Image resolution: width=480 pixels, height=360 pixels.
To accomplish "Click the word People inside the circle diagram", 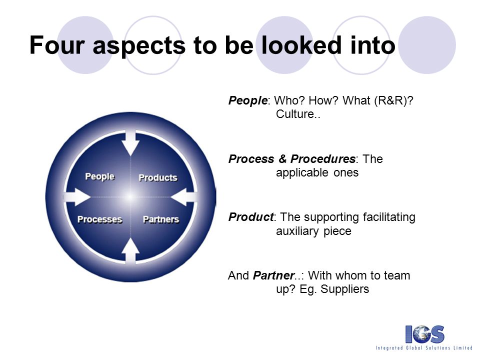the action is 100,176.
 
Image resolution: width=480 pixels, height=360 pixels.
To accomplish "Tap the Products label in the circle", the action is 158,178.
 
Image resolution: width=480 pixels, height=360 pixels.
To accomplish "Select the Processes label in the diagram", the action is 100,219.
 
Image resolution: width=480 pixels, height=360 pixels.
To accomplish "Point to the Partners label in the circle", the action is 161,219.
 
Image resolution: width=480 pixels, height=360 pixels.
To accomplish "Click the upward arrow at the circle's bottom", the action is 130,250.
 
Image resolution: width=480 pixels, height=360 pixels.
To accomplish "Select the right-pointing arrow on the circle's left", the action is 77,197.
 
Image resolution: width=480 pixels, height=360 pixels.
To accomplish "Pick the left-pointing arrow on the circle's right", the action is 183,197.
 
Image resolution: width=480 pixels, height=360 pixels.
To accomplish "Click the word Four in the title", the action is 57,45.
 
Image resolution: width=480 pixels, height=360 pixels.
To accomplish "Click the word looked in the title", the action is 301,45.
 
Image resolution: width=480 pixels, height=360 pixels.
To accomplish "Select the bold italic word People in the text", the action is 248,100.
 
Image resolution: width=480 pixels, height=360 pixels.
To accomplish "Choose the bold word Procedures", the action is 323,159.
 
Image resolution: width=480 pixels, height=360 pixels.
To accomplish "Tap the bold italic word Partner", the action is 273,275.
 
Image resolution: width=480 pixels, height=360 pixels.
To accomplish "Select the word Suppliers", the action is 345,289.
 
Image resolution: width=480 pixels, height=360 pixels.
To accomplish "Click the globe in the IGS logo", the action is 424,334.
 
